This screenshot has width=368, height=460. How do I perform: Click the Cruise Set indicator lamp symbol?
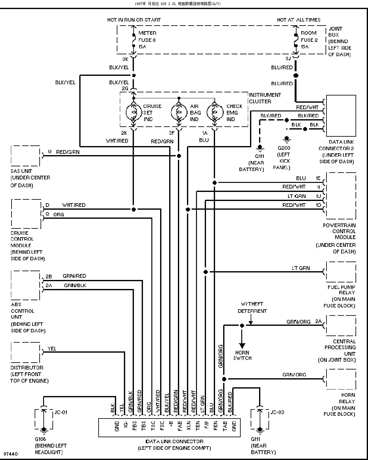coord(134,112)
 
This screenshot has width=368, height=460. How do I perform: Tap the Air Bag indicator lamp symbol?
coord(179,112)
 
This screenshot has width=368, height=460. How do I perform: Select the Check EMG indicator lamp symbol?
coord(214,112)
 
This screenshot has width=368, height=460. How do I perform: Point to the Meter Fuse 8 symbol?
coord(133,40)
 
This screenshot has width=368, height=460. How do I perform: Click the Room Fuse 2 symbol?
coord(296,40)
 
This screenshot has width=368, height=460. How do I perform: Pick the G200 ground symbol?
coord(287,139)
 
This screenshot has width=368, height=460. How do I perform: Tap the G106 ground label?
coord(40,439)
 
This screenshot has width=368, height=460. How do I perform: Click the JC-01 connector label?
coord(61,412)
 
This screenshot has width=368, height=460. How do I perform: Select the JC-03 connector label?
coord(277,412)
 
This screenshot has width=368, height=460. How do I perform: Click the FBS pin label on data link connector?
coord(135,426)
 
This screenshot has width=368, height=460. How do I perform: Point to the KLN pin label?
coord(189,426)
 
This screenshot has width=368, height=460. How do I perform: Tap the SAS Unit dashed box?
coord(25,156)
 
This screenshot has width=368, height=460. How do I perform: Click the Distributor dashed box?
coord(25,352)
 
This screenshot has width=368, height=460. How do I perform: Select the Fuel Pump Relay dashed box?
coord(341,272)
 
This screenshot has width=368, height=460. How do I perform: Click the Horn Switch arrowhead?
coord(242,346)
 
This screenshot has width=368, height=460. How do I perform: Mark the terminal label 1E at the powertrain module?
coord(318,178)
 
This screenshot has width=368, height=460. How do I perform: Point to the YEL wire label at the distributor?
coord(52,349)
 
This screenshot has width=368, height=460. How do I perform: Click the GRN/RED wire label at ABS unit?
coord(74,276)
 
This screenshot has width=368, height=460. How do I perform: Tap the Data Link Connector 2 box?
coord(341,116)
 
